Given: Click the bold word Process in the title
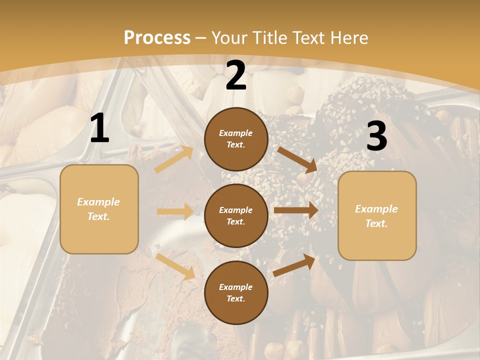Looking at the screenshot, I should click(157, 38).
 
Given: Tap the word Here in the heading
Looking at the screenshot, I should click(348, 38).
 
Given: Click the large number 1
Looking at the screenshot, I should click(99, 128).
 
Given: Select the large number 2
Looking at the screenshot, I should click(236, 75).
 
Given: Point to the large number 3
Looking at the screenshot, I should click(376, 136).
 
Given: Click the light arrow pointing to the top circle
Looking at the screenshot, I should click(173, 159).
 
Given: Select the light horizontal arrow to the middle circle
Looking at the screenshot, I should click(175, 211).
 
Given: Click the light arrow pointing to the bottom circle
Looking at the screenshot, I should click(175, 266).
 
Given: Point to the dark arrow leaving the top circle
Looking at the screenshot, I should click(297, 159).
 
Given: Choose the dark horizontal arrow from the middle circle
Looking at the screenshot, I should click(295, 210).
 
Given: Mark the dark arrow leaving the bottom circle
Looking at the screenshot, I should click(294, 265).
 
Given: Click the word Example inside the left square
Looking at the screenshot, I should click(98, 202).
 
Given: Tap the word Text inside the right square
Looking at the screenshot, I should click(376, 223).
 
